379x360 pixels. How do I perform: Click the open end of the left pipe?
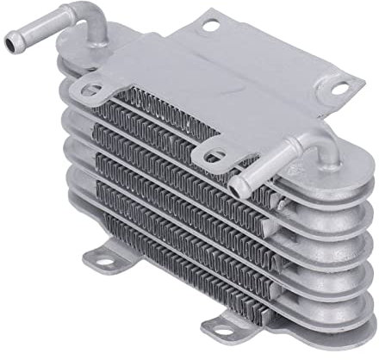11,42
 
